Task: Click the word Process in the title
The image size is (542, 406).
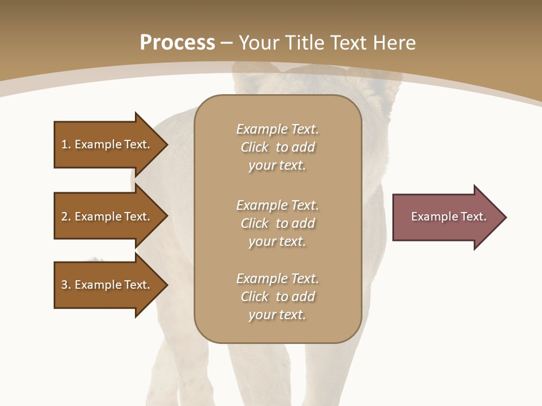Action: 177,42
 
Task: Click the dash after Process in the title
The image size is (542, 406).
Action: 226,43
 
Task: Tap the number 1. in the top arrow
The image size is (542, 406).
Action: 66,144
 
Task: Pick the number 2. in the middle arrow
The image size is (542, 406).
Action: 66,217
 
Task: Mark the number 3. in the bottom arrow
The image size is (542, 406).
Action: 66,285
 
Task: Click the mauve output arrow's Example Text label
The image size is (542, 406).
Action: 448,217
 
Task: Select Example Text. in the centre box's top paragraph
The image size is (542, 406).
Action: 277,129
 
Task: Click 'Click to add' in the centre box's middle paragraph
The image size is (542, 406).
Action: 277,223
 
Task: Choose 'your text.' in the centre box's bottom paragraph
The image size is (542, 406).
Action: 277,315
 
